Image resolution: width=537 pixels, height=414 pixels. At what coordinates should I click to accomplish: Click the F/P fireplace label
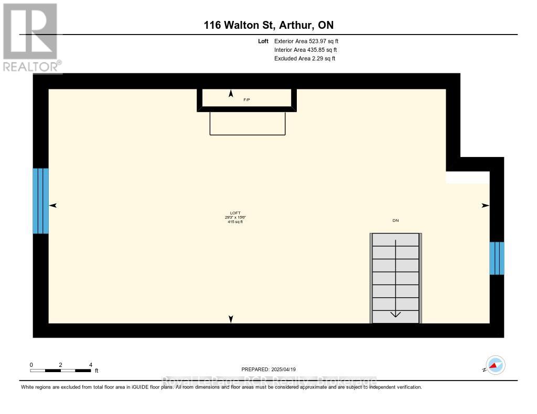pyautogui.click(x=247, y=99)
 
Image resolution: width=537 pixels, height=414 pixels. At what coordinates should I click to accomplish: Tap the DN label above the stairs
pyautogui.click(x=395, y=221)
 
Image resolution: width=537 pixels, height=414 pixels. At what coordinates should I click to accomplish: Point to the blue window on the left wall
pyautogui.click(x=40, y=201)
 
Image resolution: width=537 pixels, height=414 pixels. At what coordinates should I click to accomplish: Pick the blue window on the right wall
pyautogui.click(x=497, y=258)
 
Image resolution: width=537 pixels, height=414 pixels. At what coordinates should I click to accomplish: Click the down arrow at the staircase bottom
pyautogui.click(x=395, y=314)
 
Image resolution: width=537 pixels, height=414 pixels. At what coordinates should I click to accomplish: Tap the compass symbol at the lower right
pyautogui.click(x=495, y=365)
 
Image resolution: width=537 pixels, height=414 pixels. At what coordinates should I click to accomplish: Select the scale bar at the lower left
pyautogui.click(x=61, y=370)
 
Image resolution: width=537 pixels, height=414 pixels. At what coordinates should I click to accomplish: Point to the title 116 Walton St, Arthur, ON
pyautogui.click(x=268, y=25)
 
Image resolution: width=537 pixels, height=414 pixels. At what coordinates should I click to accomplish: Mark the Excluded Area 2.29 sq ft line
pyautogui.click(x=305, y=59)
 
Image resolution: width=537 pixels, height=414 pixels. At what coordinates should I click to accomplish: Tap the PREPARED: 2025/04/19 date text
pyautogui.click(x=272, y=369)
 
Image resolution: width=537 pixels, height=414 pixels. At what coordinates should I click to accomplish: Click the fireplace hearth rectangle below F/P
pyautogui.click(x=248, y=124)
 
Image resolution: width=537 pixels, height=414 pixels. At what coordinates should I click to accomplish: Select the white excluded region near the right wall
pyautogui.click(x=467, y=177)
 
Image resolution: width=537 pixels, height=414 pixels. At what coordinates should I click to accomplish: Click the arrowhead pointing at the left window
pyautogui.click(x=53, y=206)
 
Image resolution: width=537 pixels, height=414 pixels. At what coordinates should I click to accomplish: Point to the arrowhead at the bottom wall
pyautogui.click(x=231, y=319)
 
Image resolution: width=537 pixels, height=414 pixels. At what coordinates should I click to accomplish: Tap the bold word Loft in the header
pyautogui.click(x=263, y=41)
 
